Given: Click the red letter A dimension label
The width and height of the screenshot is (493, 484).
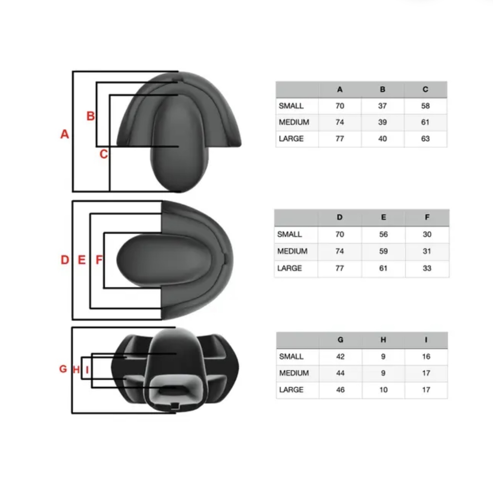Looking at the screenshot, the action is [x=64, y=134].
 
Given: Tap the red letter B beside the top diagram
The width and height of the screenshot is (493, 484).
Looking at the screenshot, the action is [x=91, y=116].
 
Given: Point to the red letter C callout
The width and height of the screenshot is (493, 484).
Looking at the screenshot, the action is [x=104, y=154].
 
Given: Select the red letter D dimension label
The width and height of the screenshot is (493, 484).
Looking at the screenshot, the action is [x=65, y=260].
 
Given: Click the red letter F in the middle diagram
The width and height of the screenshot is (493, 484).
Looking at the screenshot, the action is [x=99, y=260].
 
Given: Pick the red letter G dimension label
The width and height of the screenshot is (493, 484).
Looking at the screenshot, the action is [x=63, y=369].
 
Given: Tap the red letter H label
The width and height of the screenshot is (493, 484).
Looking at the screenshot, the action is [x=76, y=370].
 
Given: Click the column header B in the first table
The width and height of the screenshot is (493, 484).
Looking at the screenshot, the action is [x=382, y=90].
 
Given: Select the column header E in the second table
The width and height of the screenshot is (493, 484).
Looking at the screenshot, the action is [x=383, y=218].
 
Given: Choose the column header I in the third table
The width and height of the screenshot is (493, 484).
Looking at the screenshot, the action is [x=426, y=340].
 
